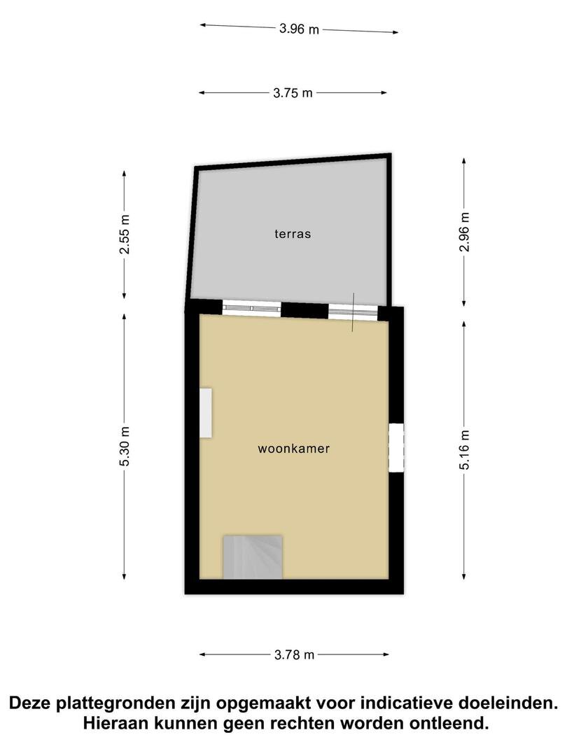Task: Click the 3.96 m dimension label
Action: click(x=299, y=29)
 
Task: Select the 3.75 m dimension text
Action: click(x=293, y=92)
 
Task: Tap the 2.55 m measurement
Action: click(x=125, y=234)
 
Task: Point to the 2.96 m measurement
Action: click(x=464, y=232)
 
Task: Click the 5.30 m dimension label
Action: click(x=125, y=447)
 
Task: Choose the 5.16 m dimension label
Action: click(x=464, y=449)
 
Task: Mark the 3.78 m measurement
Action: click(x=294, y=654)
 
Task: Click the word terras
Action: click(x=293, y=234)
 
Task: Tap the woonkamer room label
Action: click(x=293, y=449)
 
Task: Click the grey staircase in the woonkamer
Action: click(x=252, y=557)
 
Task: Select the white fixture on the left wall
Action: click(x=206, y=413)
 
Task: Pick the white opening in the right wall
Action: click(x=395, y=447)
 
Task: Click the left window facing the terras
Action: click(x=251, y=308)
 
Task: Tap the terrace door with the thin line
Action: click(x=353, y=312)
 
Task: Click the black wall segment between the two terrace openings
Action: click(x=304, y=310)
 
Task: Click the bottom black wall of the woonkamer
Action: click(x=294, y=587)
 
